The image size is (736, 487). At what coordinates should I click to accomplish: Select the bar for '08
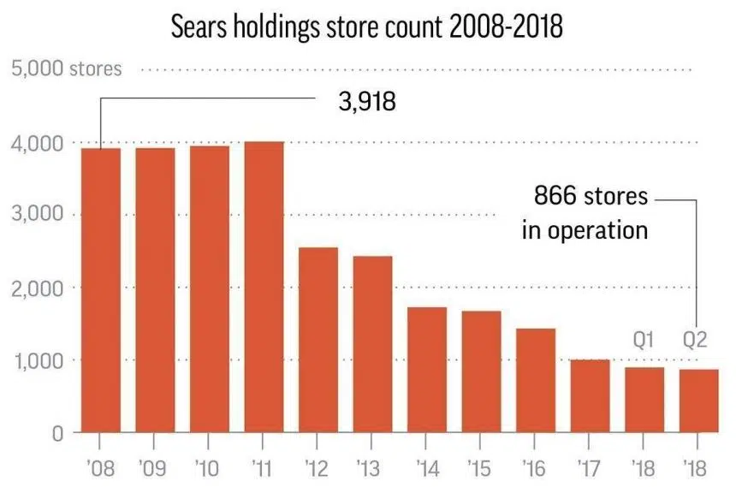tap(100, 290)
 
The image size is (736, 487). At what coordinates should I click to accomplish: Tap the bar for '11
tap(264, 287)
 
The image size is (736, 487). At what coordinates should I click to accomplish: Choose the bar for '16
tap(535, 380)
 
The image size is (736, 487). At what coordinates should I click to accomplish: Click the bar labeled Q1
tap(644, 400)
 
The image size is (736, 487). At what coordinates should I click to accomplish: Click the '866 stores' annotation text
tap(591, 196)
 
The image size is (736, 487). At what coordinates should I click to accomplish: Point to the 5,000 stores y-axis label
tap(66, 68)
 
